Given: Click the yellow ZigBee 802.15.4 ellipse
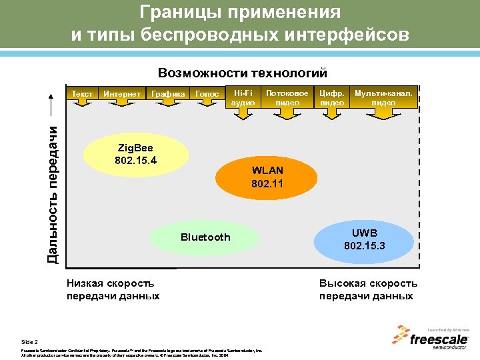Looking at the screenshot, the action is point(135,155).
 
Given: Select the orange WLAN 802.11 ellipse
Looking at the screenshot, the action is point(267,176).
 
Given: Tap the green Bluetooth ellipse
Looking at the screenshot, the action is point(205,237).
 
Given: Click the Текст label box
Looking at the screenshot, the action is point(82,95).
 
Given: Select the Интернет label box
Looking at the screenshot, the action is point(122,95).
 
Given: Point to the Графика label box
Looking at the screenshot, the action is point(168,95).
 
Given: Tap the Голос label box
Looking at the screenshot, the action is point(207,95).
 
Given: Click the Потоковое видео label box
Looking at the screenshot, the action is point(287,98).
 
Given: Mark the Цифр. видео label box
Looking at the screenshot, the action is point(332,98).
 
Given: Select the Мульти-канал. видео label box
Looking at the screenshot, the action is point(383,98).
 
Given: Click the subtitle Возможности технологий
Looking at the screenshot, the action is point(242,72).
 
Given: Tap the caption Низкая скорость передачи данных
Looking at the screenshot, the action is point(113,290).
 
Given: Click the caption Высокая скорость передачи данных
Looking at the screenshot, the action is point(368,290).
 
